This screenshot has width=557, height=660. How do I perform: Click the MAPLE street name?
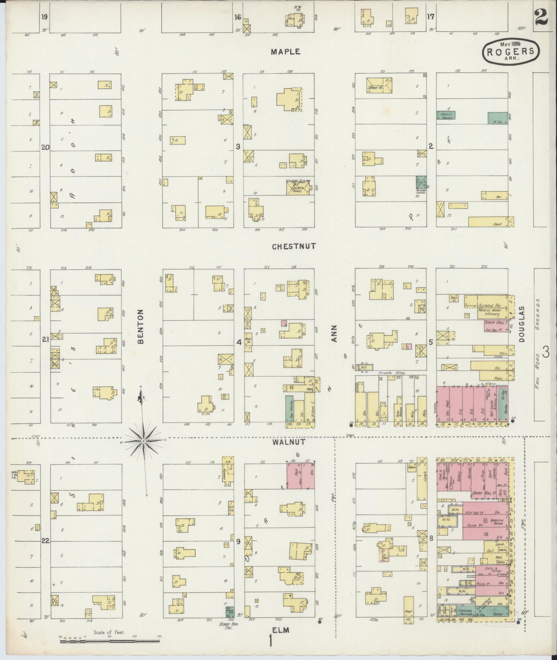click(285, 52)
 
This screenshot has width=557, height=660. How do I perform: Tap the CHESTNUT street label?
click(294, 246)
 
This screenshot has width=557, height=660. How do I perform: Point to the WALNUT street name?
click(294, 442)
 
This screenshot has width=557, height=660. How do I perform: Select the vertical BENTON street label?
click(141, 326)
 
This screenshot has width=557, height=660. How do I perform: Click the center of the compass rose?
click(143, 441)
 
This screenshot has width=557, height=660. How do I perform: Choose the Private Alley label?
click(391, 373)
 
